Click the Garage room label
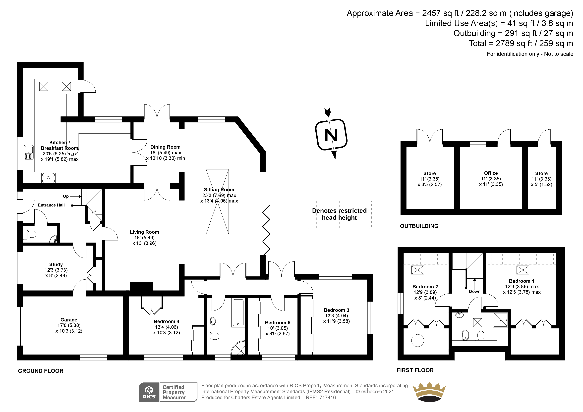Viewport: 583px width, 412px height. click(x=69, y=320)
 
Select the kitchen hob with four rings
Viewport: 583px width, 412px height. click(x=48, y=178)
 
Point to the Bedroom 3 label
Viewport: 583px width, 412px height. click(x=336, y=310)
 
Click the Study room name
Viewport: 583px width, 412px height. click(x=56, y=264)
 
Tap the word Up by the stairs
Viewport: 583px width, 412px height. click(x=66, y=196)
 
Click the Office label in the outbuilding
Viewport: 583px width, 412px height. click(x=491, y=173)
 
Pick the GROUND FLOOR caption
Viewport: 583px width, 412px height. click(x=41, y=371)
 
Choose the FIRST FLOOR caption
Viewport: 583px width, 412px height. click(x=415, y=370)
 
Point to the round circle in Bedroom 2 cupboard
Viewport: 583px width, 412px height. click(x=417, y=340)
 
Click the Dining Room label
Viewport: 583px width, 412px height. click(x=165, y=147)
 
